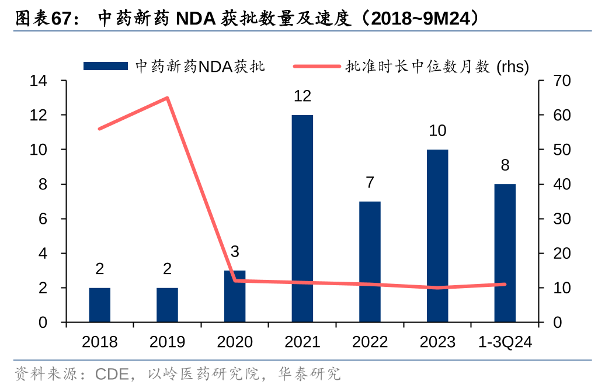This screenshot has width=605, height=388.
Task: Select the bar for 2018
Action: coord(100,305)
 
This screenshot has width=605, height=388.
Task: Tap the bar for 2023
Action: coord(437,236)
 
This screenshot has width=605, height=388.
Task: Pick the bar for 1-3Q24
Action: coord(505,253)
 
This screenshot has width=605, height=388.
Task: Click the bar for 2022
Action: coord(370,262)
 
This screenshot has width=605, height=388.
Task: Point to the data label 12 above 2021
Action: coord(302,96)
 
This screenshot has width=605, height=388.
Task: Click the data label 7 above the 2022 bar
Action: coord(370,182)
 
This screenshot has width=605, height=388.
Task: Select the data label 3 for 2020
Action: coord(235,252)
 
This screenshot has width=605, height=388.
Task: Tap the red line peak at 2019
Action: coord(168,98)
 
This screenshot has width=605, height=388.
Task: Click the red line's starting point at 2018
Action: coord(100,129)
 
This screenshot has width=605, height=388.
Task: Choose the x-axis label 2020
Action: coord(235,342)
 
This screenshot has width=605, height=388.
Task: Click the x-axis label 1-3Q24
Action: coord(505,342)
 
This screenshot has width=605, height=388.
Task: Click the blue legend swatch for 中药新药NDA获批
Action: coord(105,67)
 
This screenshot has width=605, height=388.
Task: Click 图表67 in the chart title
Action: coord(39,19)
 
